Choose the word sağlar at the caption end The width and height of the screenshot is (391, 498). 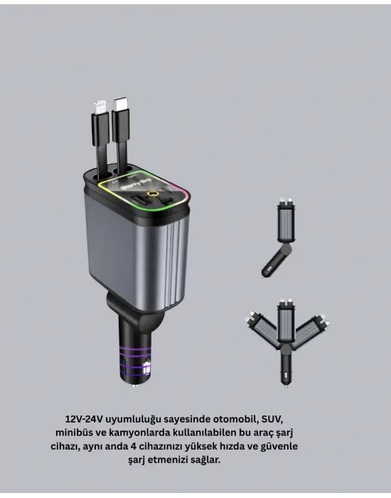[x=205, y=460]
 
